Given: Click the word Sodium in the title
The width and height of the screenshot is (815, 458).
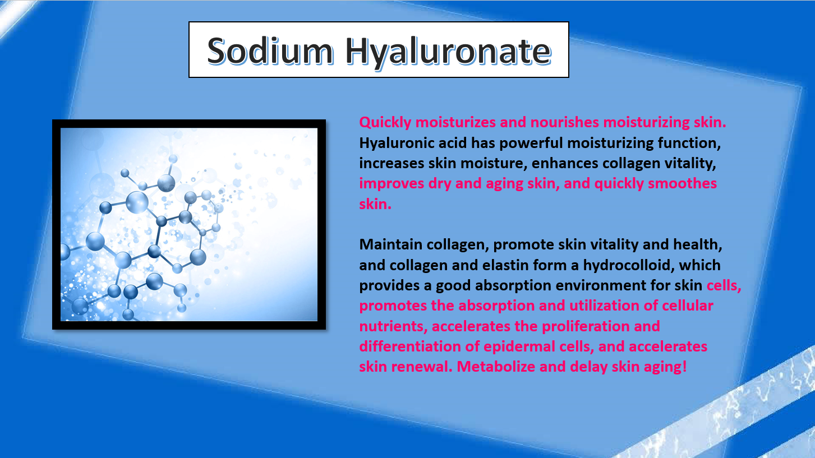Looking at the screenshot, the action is pyautogui.click(x=270, y=50).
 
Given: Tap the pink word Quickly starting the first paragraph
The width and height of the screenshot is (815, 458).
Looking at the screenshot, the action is pyautogui.click(x=385, y=123).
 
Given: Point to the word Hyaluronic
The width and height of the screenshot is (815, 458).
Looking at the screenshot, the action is pyautogui.click(x=413, y=144).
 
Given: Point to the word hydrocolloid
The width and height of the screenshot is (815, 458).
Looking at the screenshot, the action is pyautogui.click(x=629, y=265).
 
